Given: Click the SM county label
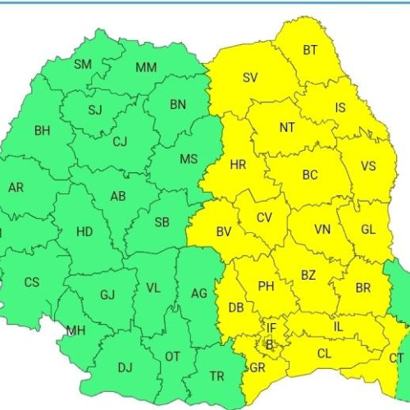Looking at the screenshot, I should [83, 65].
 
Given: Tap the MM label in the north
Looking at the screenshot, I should [146, 67].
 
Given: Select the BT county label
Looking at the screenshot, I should [310, 51].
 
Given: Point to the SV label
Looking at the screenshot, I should [250, 78].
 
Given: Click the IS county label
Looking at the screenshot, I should [340, 107].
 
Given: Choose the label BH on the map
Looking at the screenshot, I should [43, 130].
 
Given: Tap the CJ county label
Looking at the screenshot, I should [120, 142].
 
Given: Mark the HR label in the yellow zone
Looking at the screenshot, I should [238, 165].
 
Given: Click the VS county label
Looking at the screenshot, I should [368, 166].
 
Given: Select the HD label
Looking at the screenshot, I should [84, 231].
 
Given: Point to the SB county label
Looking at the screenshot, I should [162, 221].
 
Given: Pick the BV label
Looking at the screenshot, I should [224, 232].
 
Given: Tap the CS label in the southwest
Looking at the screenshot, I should [31, 282].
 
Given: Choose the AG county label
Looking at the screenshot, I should [198, 293].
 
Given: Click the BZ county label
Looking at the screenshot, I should [307, 276].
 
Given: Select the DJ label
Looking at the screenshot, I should [125, 367].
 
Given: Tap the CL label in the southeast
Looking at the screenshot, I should [324, 354].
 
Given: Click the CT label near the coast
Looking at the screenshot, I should [396, 358].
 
